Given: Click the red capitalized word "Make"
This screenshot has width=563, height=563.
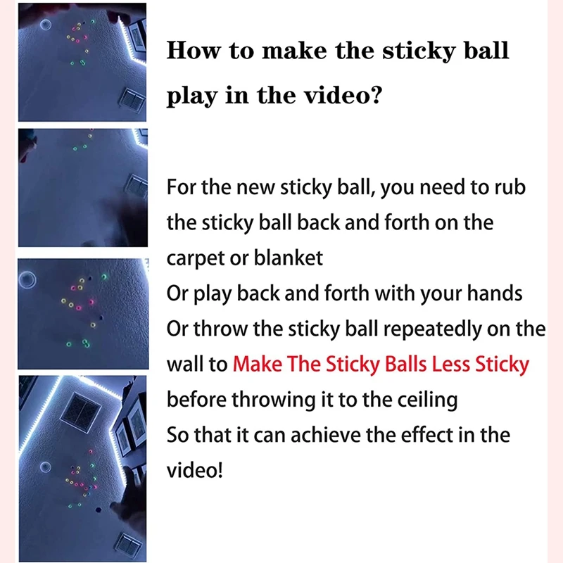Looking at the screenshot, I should pyautogui.click(x=258, y=364).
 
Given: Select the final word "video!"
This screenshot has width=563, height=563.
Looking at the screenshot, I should pyautogui.click(x=194, y=469).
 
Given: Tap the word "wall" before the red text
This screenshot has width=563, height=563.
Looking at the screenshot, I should pyautogui.click(x=184, y=364).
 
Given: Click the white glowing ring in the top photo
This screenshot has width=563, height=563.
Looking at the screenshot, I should pyautogui.click(x=47, y=25).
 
